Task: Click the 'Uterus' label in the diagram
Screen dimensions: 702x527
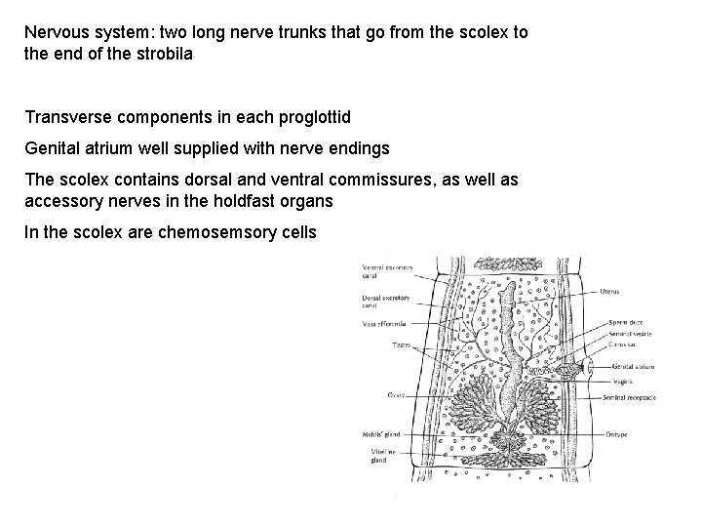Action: [x=611, y=290]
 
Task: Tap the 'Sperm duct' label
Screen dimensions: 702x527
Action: [x=625, y=319]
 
